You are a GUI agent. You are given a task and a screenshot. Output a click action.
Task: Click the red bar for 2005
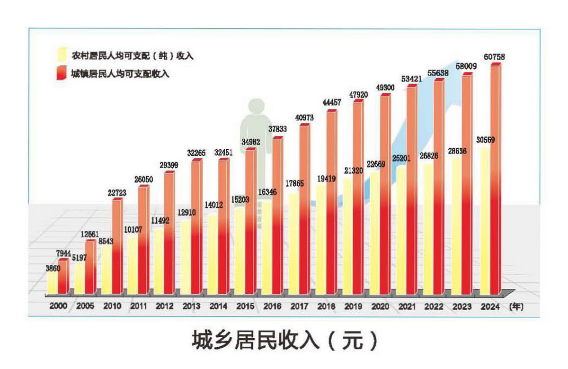point(90,268)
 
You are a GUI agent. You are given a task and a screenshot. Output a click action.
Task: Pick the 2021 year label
point(407,306)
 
